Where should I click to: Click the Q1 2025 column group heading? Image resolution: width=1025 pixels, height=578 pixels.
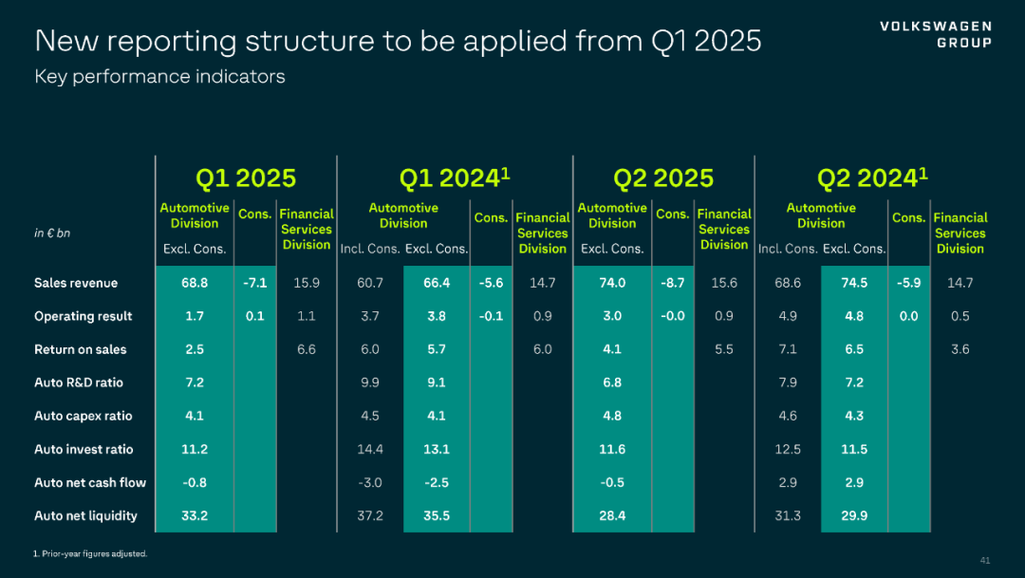[x=246, y=178]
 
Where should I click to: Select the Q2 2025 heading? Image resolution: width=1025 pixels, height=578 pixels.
[x=663, y=178]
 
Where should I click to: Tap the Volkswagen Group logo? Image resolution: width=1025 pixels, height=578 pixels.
[x=935, y=34]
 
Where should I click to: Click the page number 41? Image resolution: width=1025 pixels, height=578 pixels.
[x=984, y=559]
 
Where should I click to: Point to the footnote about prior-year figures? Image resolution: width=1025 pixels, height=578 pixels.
[x=91, y=553]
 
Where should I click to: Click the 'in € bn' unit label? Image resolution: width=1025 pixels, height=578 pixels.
[x=52, y=233]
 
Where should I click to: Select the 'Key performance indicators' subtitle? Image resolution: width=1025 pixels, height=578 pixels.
[x=159, y=77]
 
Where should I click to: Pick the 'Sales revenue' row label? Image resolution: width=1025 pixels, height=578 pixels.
[x=76, y=283]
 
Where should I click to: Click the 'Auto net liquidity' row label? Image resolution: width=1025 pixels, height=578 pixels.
[x=85, y=515]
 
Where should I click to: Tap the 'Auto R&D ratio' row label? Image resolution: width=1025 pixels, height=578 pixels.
[x=79, y=382]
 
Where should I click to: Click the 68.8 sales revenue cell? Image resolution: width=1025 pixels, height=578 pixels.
[x=195, y=283]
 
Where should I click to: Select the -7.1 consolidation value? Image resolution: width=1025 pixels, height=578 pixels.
[x=254, y=283]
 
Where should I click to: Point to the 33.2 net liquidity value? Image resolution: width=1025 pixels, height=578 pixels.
[x=195, y=515]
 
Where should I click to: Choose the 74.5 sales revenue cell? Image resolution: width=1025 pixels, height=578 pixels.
[x=854, y=283]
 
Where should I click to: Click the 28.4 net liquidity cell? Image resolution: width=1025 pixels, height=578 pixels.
[x=612, y=515]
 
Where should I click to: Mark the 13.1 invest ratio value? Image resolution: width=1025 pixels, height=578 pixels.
[x=437, y=449]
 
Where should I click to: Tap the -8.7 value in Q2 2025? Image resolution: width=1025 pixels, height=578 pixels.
[x=672, y=283]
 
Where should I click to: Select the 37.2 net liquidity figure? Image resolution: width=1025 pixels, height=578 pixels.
[x=370, y=515]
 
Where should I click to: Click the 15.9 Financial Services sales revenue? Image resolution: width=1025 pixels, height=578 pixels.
[x=307, y=283]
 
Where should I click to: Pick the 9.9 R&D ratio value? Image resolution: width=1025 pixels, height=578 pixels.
[x=370, y=382]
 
